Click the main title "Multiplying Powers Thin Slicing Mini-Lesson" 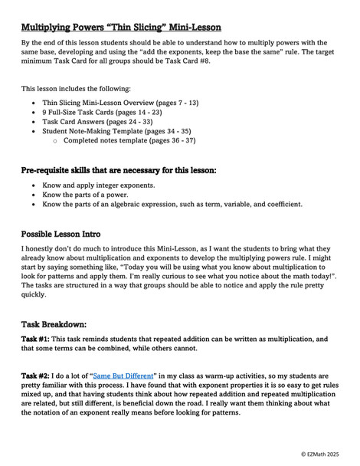pyautogui.click(x=121, y=27)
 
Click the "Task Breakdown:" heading pyautogui.click(x=54, y=324)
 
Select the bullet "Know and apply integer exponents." pyautogui.click(x=100, y=185)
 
